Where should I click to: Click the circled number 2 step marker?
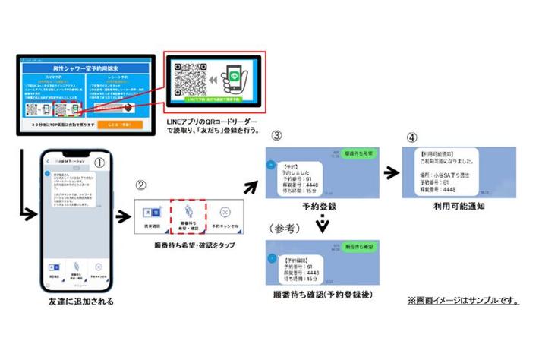point(142,185)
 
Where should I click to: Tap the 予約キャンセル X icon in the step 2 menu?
point(224,213)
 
